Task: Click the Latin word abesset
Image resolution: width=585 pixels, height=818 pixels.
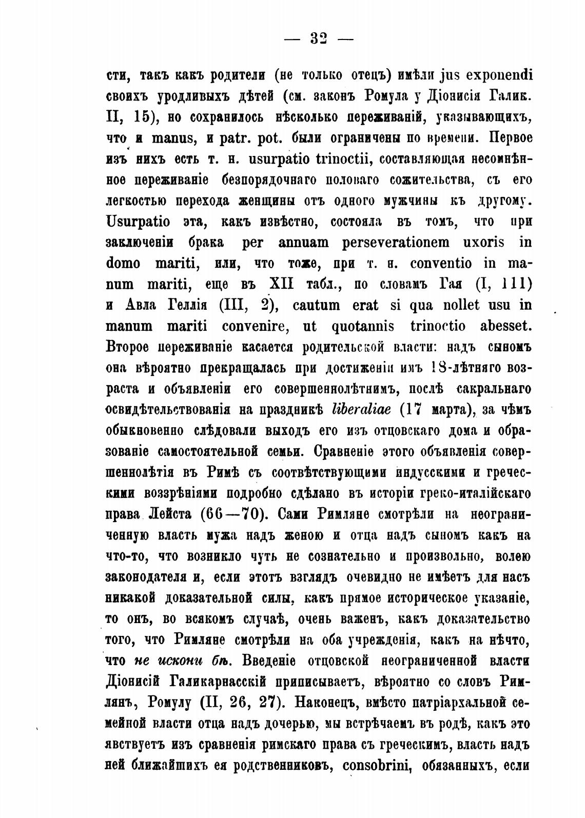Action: [499, 326]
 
